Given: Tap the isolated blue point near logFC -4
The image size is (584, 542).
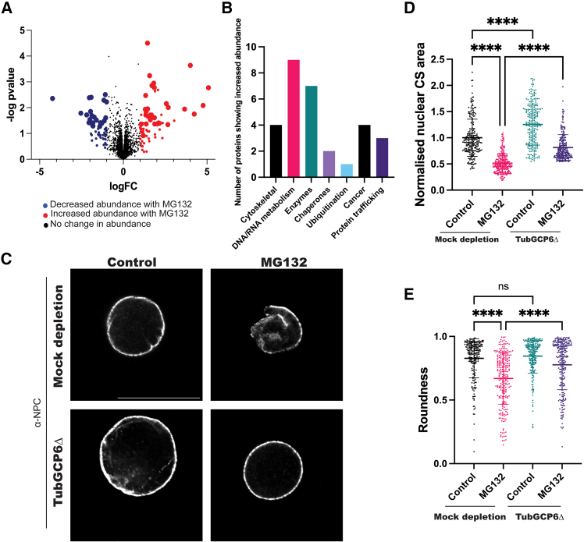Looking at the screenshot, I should (53, 98).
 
